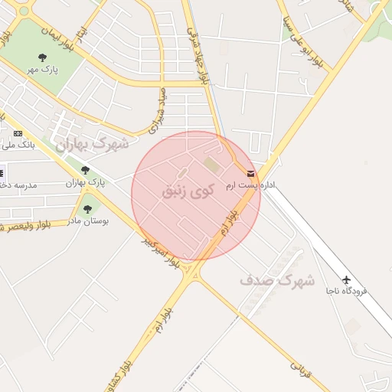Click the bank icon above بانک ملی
coord(18,133)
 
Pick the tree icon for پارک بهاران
coord(85,170)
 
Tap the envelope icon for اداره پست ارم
coord(251,174)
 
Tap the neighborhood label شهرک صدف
coord(277,279)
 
